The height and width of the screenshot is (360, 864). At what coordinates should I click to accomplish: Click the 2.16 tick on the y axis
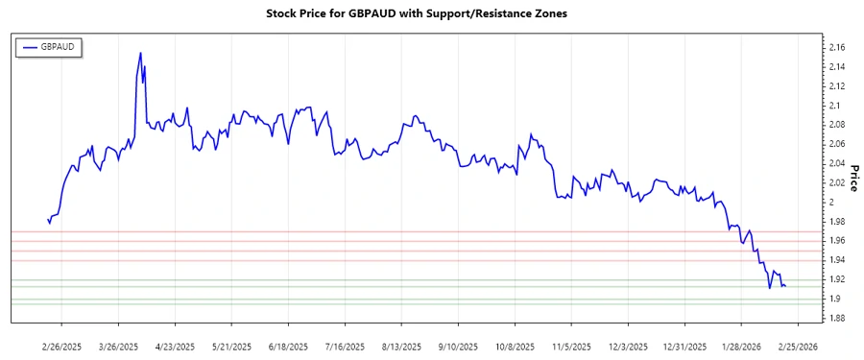click(835, 47)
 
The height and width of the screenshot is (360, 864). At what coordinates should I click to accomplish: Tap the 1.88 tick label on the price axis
click(835, 318)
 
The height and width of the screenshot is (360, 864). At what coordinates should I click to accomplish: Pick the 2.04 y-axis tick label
click(835, 163)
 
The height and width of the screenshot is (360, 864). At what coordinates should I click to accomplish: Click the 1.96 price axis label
click(835, 240)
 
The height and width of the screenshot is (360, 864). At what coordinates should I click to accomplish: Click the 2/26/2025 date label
click(62, 346)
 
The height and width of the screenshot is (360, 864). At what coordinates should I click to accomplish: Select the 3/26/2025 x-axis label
click(118, 346)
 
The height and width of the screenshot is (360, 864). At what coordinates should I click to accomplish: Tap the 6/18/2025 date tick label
click(287, 346)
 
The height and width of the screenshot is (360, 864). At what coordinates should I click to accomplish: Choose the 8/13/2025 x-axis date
click(399, 346)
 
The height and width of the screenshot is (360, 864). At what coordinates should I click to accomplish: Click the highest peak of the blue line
click(140, 53)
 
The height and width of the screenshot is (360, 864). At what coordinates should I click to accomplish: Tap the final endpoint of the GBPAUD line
click(786, 286)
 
